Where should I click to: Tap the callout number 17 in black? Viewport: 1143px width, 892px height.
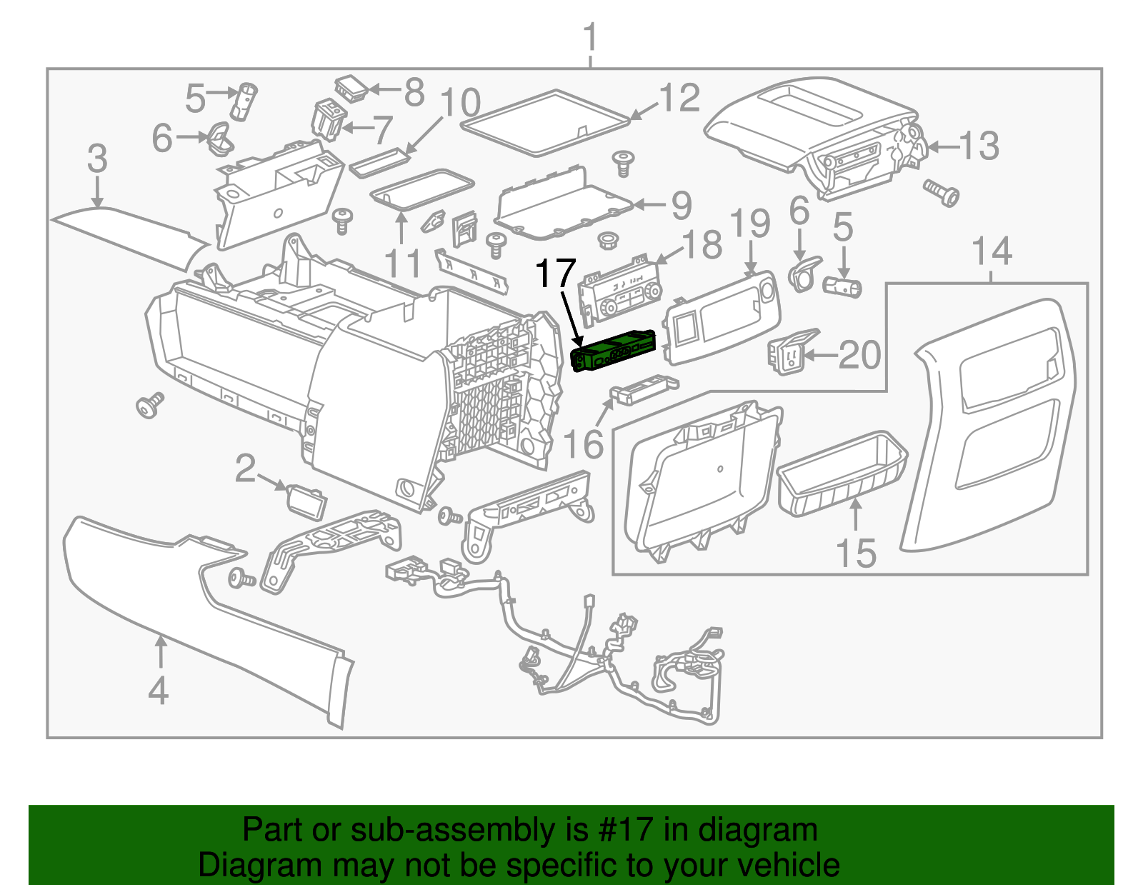[x=555, y=274]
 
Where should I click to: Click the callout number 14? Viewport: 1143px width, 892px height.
[x=992, y=251]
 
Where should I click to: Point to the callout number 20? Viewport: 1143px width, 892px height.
[x=859, y=355]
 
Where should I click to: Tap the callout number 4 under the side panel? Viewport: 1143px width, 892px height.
[x=159, y=691]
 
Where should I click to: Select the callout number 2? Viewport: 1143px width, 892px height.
[x=245, y=468]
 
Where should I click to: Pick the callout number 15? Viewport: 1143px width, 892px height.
[x=856, y=553]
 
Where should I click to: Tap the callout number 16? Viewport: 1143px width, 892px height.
[x=584, y=444]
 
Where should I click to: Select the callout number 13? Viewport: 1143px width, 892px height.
[x=978, y=146]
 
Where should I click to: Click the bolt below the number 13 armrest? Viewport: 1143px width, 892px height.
[x=942, y=192]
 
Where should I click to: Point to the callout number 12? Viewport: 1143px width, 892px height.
[x=679, y=98]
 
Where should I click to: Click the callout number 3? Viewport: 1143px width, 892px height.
[x=97, y=159]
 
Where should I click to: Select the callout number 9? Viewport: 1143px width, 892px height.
[x=682, y=206]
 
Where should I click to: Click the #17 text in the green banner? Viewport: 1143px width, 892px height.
[x=622, y=830]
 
